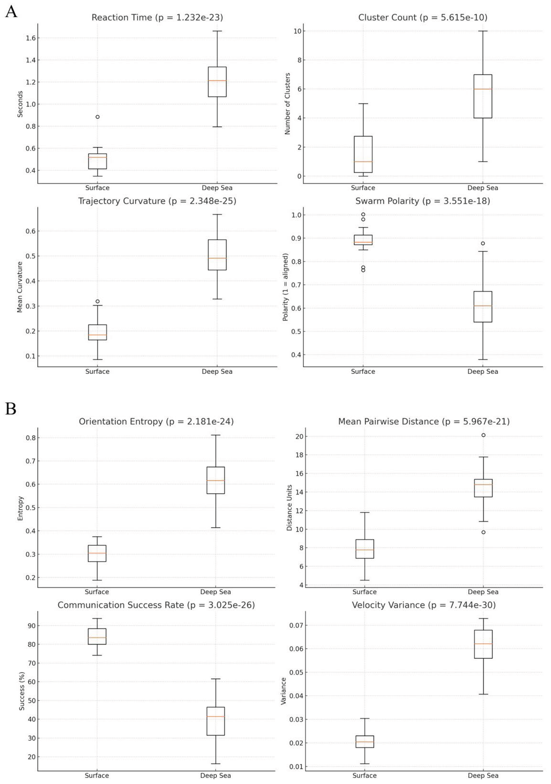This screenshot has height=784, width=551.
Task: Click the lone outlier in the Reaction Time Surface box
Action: pyautogui.click(x=98, y=117)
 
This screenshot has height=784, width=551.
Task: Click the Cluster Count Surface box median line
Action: pyautogui.click(x=363, y=161)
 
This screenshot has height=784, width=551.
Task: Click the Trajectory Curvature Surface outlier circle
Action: pyautogui.click(x=98, y=302)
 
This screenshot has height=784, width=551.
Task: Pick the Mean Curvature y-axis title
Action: pyautogui.click(x=20, y=287)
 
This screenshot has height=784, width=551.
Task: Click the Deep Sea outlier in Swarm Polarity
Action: pyautogui.click(x=483, y=243)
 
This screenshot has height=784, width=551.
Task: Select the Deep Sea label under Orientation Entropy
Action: pyautogui.click(x=216, y=592)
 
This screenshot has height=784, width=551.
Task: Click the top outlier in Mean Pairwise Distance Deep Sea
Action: pyautogui.click(x=483, y=435)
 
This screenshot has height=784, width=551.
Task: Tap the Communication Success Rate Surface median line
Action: pyautogui.click(x=97, y=637)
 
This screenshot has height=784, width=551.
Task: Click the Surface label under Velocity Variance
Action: pyautogui.click(x=364, y=775)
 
